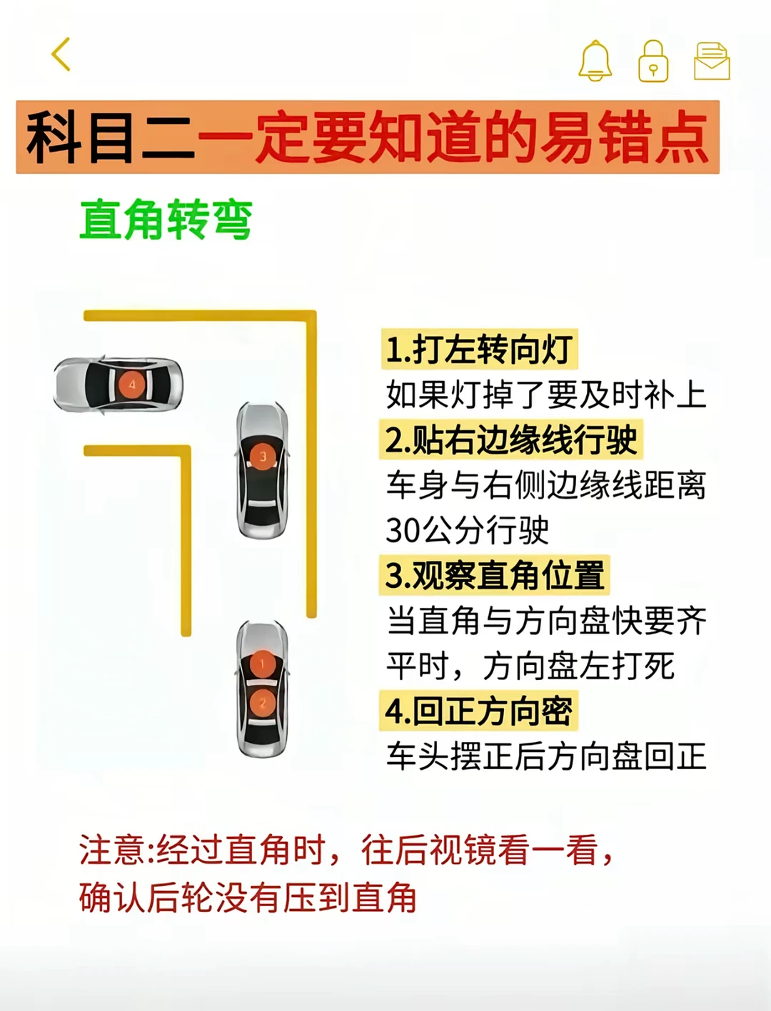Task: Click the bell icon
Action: click(x=595, y=61)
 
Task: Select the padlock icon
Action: click(x=653, y=61)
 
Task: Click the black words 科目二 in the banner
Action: click(x=111, y=138)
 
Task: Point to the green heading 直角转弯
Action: click(x=166, y=220)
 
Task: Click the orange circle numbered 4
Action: click(x=132, y=384)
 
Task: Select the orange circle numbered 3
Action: click(x=263, y=457)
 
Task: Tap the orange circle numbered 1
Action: click(x=263, y=664)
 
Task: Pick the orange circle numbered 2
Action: click(x=263, y=703)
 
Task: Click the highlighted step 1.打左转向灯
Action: click(x=479, y=349)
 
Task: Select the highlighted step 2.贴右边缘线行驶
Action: click(x=511, y=440)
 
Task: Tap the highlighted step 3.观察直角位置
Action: click(x=495, y=575)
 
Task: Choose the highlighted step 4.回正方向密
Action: click(x=479, y=711)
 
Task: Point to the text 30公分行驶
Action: click(x=468, y=531)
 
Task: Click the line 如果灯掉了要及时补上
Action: click(x=547, y=395)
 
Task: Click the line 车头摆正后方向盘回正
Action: click(x=547, y=756)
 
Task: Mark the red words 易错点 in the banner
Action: click(x=625, y=138)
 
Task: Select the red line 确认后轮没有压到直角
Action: click(x=248, y=898)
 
